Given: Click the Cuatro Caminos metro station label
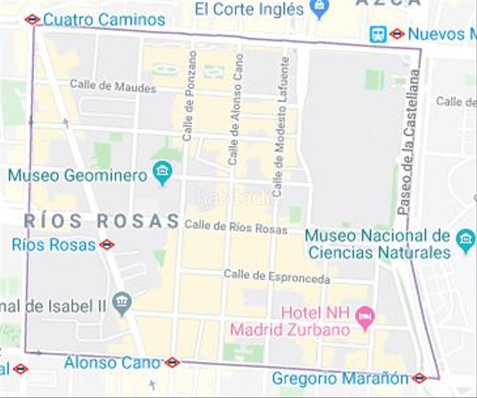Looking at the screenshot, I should [104, 19].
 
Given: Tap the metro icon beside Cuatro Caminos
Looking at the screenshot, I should [32, 19].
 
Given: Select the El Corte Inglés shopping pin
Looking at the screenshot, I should [319, 9].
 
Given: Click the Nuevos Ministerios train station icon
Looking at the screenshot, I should [378, 33].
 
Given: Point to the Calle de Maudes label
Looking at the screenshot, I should [113, 86].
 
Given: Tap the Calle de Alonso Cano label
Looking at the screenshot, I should [235, 109].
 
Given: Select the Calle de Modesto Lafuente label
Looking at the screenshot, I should [281, 126].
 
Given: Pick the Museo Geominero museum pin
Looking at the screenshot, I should [162, 173].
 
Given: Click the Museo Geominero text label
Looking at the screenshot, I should [78, 176].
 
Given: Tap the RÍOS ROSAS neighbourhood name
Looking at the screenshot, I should [101, 221].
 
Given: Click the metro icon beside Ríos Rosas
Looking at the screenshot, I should [107, 245].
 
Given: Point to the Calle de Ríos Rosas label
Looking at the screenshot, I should [236, 227].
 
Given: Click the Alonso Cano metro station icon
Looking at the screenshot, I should [172, 362].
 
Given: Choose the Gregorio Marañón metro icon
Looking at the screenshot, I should [419, 378].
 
